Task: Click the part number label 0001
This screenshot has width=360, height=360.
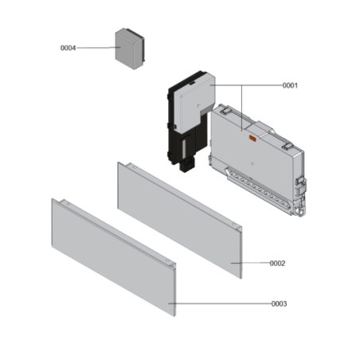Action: point(290,85)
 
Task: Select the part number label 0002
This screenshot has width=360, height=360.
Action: point(277,263)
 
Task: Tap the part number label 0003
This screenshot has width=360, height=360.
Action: point(279,303)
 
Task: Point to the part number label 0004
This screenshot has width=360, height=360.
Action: point(68,48)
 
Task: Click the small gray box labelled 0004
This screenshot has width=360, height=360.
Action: point(131,48)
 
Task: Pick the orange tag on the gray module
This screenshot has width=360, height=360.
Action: point(252,140)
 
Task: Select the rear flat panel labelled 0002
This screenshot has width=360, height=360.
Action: point(179,217)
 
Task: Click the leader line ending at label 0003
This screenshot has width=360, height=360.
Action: point(223,303)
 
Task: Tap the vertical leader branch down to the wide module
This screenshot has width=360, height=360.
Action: point(241,108)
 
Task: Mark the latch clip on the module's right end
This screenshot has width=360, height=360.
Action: point(301,185)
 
